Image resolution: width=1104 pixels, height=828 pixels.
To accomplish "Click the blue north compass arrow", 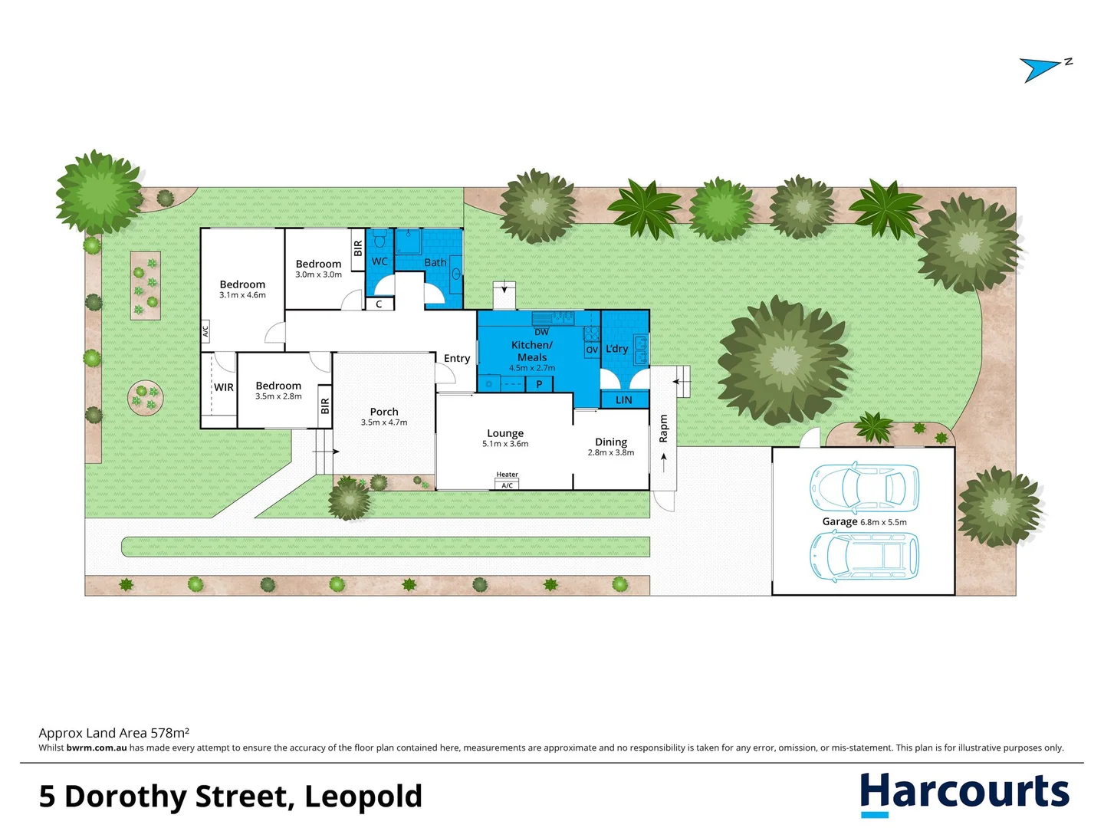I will tap(1039, 69).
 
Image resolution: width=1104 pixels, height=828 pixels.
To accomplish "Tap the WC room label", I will tap(379, 261).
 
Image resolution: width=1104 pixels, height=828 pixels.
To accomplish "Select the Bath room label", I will tap(435, 262).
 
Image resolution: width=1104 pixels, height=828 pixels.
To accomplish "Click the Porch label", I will tap(384, 412).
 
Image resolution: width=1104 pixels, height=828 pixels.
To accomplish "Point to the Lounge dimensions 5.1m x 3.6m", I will tap(505, 444).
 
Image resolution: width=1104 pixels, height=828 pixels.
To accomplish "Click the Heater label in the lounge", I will tap(507, 475).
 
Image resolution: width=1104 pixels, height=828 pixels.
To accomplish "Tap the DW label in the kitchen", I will tap(541, 332).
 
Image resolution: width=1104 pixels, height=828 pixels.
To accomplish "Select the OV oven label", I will tap(592, 350).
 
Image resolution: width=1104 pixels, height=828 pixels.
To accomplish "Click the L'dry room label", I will tap(617, 349).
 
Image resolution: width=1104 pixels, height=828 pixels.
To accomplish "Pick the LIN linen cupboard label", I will tap(624, 400).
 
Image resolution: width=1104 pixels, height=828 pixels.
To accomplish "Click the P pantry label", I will tap(539, 384).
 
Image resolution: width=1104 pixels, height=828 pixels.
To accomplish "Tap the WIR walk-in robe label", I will tap(224, 387).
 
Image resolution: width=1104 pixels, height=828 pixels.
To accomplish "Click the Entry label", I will tap(457, 358).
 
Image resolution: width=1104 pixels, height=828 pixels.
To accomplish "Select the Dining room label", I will tap(611, 442).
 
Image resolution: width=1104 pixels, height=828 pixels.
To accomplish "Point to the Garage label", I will tap(839, 521).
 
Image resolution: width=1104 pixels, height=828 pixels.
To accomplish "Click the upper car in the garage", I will tap(864, 488).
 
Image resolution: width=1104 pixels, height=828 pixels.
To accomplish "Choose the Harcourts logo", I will tap(964, 793).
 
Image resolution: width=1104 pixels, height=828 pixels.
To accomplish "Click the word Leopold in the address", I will tap(363, 797).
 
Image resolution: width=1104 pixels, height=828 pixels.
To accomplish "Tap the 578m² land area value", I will tap(170, 733).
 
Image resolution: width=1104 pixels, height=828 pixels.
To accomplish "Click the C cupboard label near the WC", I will tap(379, 304).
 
